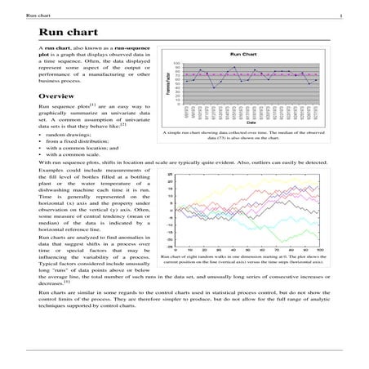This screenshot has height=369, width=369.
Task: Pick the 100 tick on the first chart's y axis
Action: coord(177,62)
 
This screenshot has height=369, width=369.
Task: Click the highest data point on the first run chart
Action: coord(235,67)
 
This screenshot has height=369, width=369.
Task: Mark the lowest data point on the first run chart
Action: coord(214,87)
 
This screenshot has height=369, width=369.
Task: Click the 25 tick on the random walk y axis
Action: coord(169,174)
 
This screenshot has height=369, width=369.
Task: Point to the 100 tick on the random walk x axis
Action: coord(319,250)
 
